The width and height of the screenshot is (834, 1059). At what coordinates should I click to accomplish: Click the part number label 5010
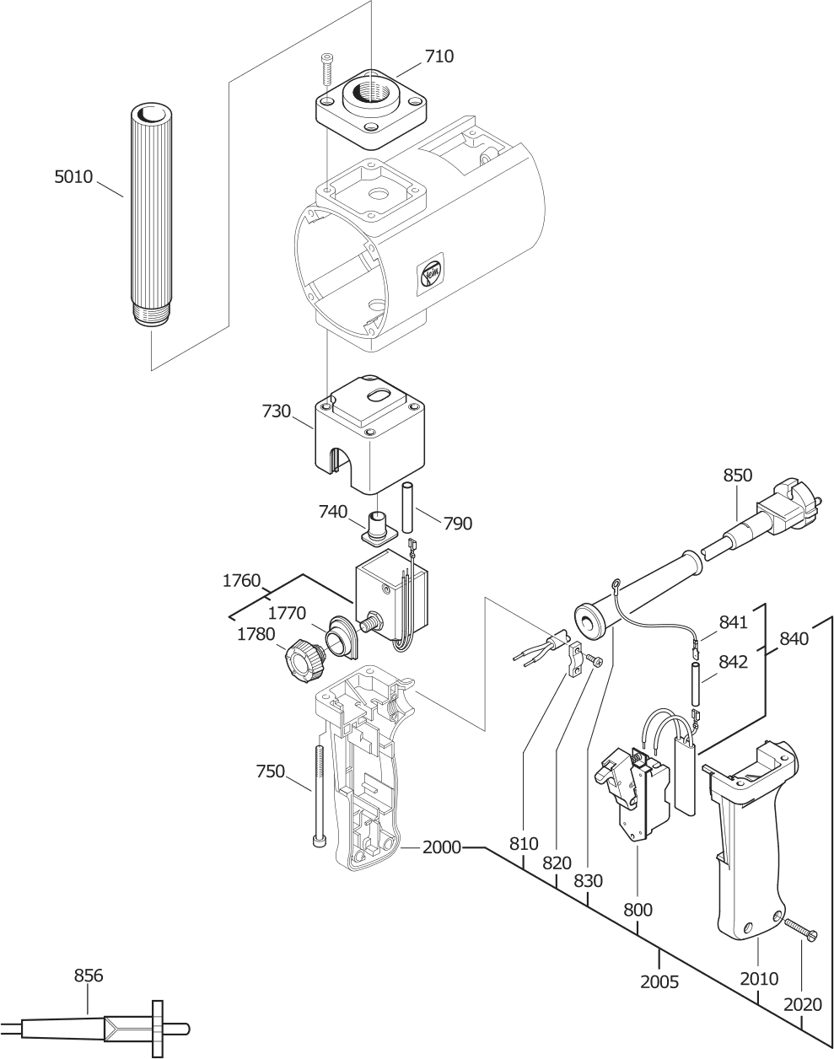click(73, 177)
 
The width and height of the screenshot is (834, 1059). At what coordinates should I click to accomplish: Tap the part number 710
click(439, 56)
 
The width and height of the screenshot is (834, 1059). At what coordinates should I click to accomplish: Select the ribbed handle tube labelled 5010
click(151, 213)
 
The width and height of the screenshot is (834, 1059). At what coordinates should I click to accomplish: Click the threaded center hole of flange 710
click(370, 92)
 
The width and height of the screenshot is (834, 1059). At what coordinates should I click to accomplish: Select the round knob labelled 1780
click(304, 661)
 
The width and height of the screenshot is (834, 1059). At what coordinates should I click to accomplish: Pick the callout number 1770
click(287, 614)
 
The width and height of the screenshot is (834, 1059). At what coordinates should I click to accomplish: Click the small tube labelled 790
click(407, 508)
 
